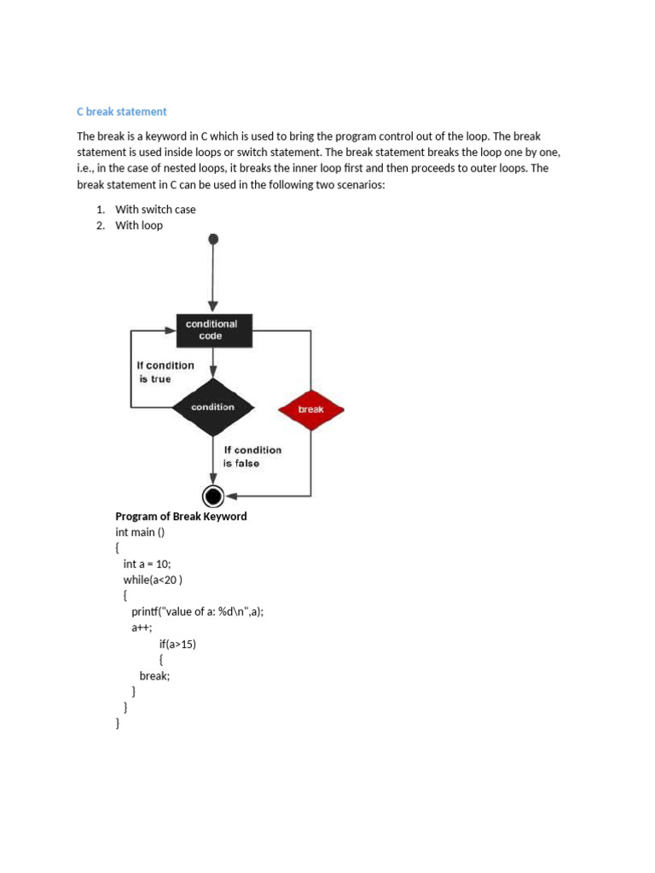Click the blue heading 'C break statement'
click(x=122, y=112)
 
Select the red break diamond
click(x=311, y=409)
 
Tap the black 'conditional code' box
click(x=213, y=330)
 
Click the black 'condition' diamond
click(x=213, y=408)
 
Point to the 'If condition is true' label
click(x=165, y=372)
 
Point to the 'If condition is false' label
click(x=252, y=456)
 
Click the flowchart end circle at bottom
click(x=213, y=495)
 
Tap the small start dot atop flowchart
click(x=213, y=240)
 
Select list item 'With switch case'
click(x=155, y=210)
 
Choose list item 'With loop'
click(x=139, y=226)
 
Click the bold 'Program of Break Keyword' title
click(x=181, y=517)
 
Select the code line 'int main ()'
click(x=140, y=532)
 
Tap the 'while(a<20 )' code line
click(x=153, y=580)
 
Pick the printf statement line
click(x=197, y=612)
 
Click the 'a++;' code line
click(x=142, y=627)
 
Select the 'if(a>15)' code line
click(x=177, y=644)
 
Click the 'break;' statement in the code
click(x=154, y=675)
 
